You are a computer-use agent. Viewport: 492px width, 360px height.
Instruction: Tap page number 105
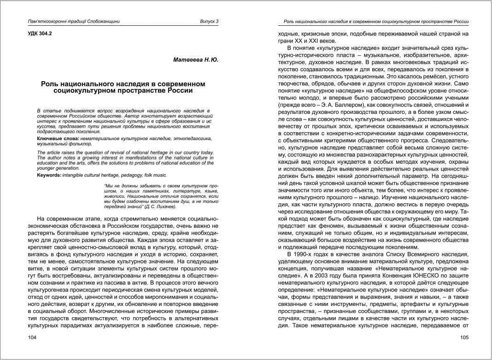(x=464, y=338)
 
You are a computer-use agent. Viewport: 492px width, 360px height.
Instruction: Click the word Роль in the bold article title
(x=50, y=84)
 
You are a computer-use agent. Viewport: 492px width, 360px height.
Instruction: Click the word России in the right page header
(x=460, y=21)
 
